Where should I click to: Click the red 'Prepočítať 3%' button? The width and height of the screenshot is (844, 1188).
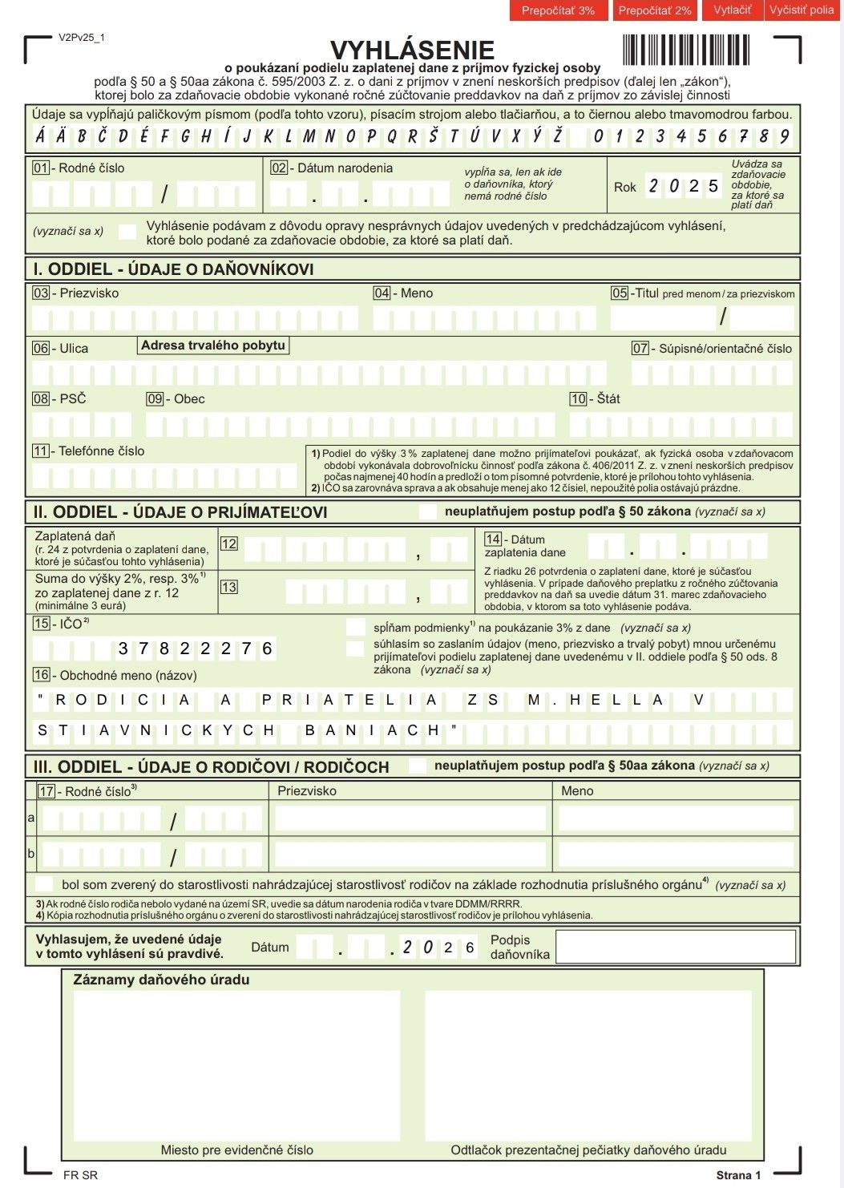tap(558, 10)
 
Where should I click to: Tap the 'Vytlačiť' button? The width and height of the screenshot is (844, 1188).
tap(733, 10)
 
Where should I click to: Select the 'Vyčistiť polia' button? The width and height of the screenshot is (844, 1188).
tap(802, 10)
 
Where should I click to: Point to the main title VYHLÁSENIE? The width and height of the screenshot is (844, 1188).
tap(412, 50)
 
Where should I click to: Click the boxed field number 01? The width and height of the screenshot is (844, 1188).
tap(40, 168)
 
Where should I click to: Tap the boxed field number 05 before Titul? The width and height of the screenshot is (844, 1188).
tap(620, 293)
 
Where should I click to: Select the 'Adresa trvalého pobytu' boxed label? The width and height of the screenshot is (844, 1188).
tap(213, 345)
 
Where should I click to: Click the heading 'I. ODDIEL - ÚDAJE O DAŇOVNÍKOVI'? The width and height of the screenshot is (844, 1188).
tap(173, 269)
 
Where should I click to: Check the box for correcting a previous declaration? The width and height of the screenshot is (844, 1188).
tap(127, 232)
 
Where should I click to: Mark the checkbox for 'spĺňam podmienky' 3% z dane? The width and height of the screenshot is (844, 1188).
tap(355, 627)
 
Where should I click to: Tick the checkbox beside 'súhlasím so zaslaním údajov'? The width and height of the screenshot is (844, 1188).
tap(355, 648)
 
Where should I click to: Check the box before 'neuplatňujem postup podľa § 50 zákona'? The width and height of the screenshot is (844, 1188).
tap(428, 511)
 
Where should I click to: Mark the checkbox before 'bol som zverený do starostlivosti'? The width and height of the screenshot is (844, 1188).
tap(45, 884)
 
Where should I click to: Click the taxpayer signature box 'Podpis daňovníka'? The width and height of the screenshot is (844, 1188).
tap(675, 947)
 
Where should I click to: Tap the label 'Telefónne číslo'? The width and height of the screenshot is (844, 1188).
tap(101, 451)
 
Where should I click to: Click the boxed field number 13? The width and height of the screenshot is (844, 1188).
tap(228, 587)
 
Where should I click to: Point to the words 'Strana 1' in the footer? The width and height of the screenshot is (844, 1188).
tap(738, 1175)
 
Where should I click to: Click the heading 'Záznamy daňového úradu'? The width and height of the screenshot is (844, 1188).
tap(161, 980)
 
